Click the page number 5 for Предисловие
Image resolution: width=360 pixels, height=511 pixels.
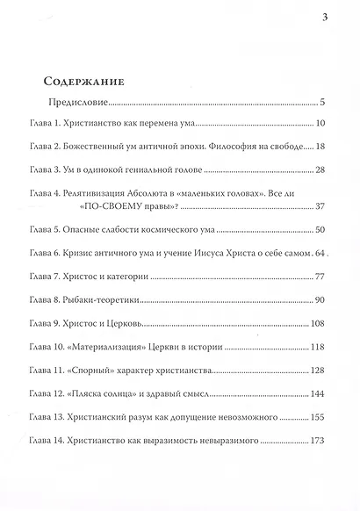click(324, 103)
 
